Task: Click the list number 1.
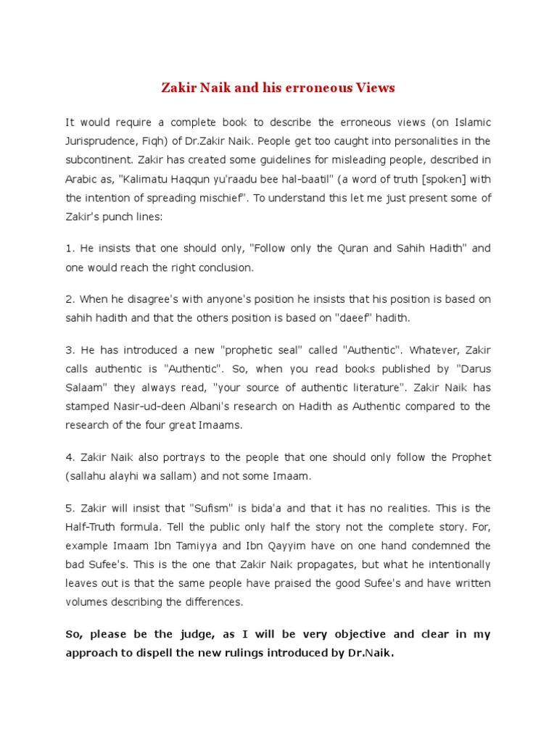coord(70,249)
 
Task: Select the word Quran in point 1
coord(352,249)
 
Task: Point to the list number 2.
coord(70,299)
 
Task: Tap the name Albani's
coord(211,406)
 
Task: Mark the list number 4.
coord(70,457)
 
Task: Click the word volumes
coord(89,601)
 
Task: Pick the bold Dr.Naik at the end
coord(371,652)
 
